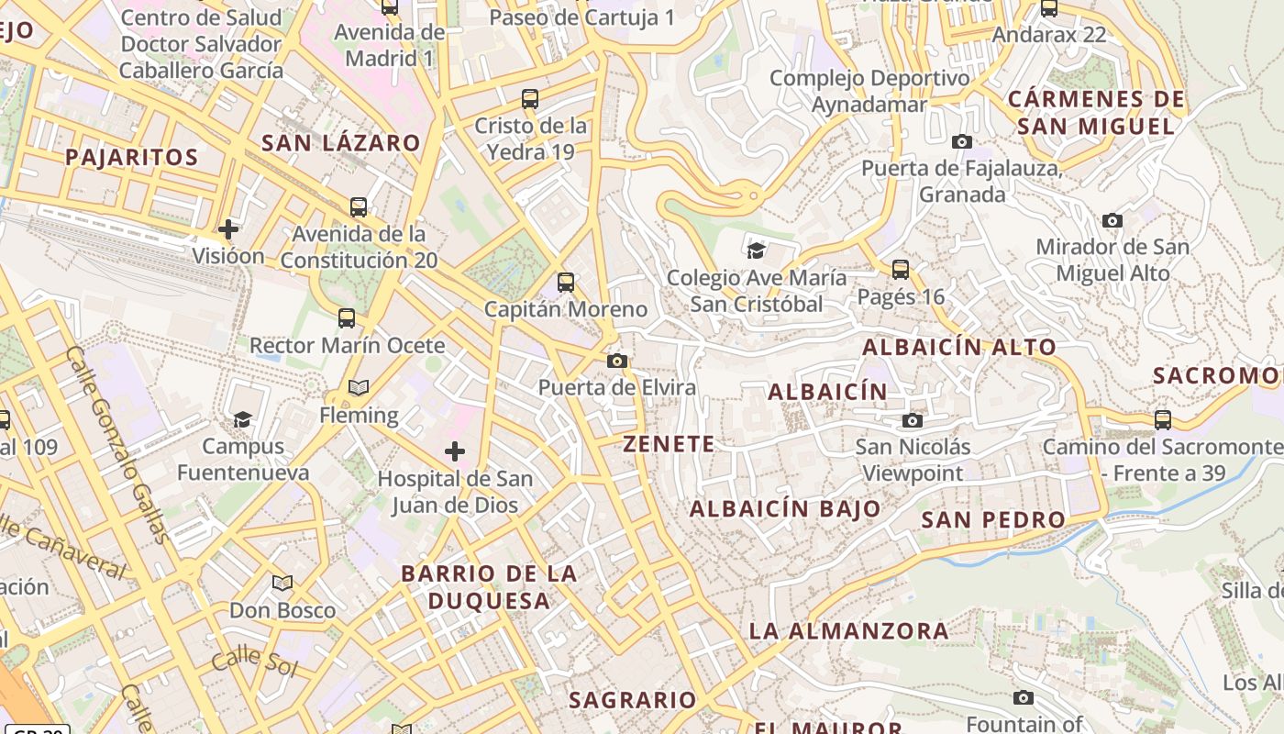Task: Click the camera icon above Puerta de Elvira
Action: pyautogui.click(x=617, y=361)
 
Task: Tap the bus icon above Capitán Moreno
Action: pyautogui.click(x=566, y=283)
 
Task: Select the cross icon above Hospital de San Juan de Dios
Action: pyautogui.click(x=455, y=451)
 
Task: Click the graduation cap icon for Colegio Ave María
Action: pyautogui.click(x=756, y=250)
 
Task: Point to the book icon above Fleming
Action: pyautogui.click(x=359, y=388)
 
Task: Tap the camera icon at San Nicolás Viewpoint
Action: pyautogui.click(x=912, y=420)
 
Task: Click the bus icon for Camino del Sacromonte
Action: pyautogui.click(x=1163, y=420)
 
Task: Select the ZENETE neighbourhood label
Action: pyautogui.click(x=669, y=444)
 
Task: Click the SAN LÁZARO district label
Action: pyautogui.click(x=341, y=143)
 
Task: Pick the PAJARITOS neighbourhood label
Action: pyautogui.click(x=131, y=157)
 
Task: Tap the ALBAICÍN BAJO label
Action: pyautogui.click(x=785, y=508)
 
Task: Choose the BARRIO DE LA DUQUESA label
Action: pyautogui.click(x=489, y=587)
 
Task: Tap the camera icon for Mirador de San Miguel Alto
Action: pyautogui.click(x=1112, y=220)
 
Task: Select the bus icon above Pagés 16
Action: pyautogui.click(x=901, y=270)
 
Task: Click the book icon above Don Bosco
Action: pyautogui.click(x=282, y=583)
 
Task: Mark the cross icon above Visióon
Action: pyautogui.click(x=228, y=228)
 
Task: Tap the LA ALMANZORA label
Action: pyautogui.click(x=848, y=631)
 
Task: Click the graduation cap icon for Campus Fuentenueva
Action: pyautogui.click(x=242, y=420)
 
